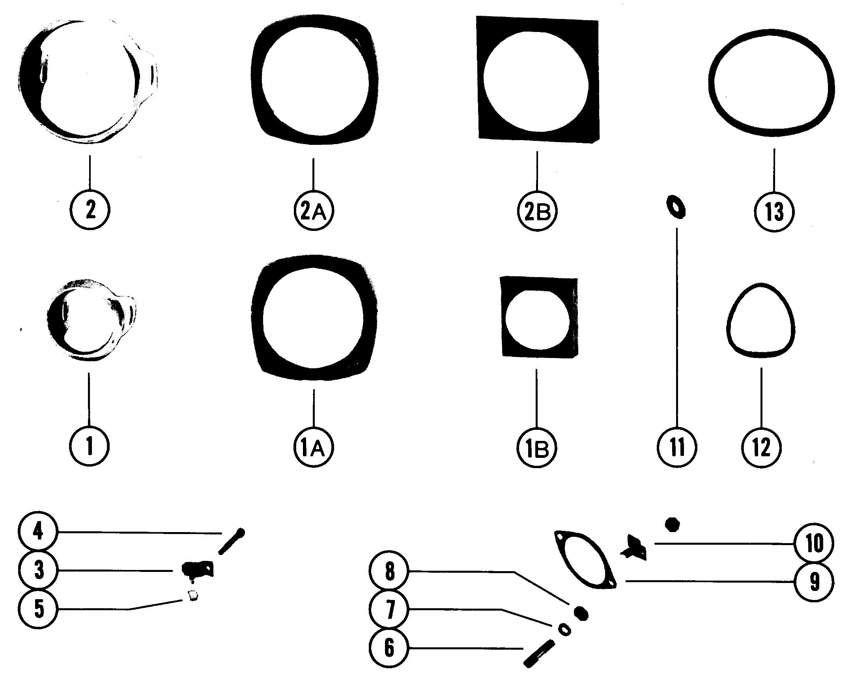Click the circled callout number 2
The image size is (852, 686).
(90, 210)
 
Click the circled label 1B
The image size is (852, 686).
(536, 448)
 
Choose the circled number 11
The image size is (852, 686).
(677, 448)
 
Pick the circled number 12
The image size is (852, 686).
(762, 448)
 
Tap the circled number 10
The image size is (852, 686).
(815, 544)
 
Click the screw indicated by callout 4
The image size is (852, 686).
(232, 541)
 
